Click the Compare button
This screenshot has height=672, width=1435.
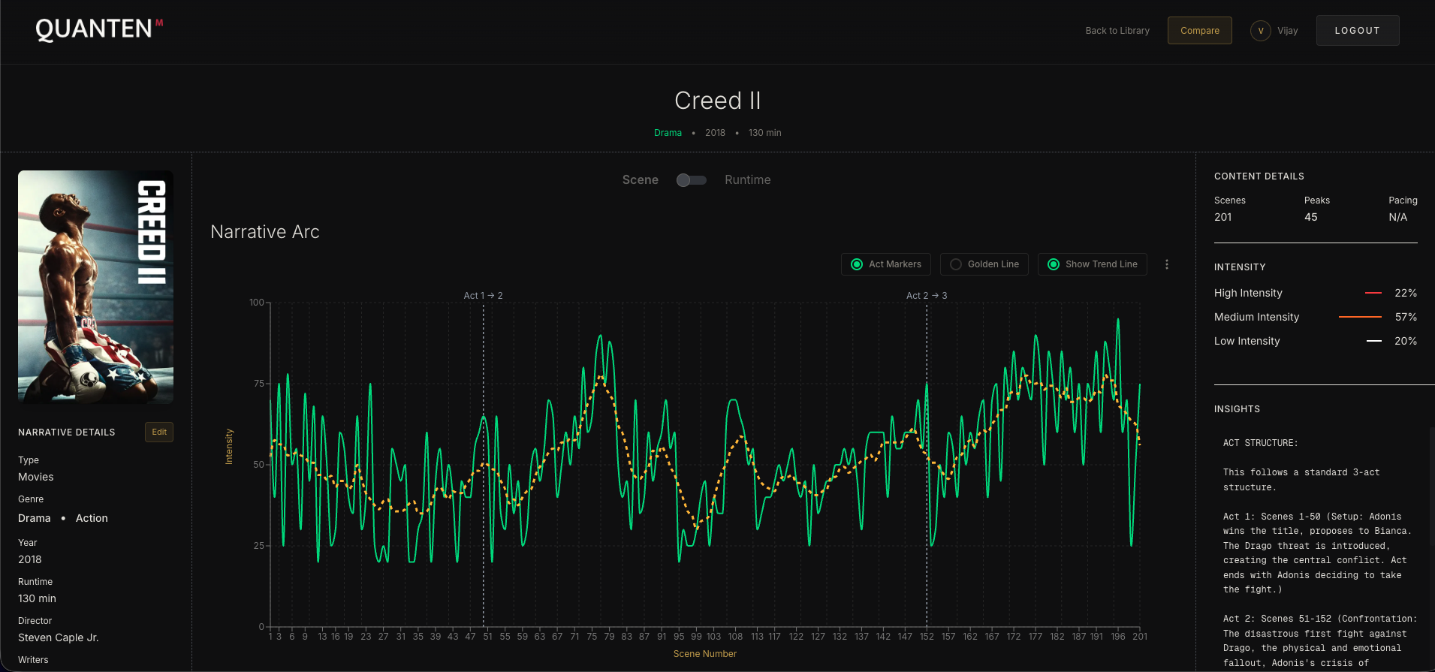pyautogui.click(x=1199, y=31)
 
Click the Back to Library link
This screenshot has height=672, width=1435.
pyautogui.click(x=1117, y=31)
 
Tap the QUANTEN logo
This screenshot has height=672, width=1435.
pyautogui.click(x=95, y=29)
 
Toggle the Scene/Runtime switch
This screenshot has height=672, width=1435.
pyautogui.click(x=691, y=180)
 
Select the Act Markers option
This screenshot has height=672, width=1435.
pyautogui.click(x=886, y=264)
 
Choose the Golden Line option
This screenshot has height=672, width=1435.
pyautogui.click(x=984, y=264)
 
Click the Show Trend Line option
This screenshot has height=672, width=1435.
pyautogui.click(x=1092, y=264)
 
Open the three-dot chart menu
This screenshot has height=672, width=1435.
pyautogui.click(x=1166, y=264)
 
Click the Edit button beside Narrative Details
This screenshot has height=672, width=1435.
pyautogui.click(x=159, y=432)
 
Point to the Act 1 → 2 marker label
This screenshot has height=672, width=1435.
pyautogui.click(x=483, y=296)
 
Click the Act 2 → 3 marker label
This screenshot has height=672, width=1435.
pyautogui.click(x=926, y=296)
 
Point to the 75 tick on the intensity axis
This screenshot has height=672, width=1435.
pyautogui.click(x=258, y=384)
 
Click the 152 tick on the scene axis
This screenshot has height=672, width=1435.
pyautogui.click(x=927, y=637)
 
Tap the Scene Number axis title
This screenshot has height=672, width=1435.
pyautogui.click(x=704, y=654)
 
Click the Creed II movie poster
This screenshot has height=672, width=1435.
pyautogui.click(x=95, y=287)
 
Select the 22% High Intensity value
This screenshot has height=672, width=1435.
pyautogui.click(x=1405, y=293)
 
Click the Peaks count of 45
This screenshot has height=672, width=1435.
pyautogui.click(x=1310, y=217)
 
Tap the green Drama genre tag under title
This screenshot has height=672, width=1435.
pyautogui.click(x=667, y=133)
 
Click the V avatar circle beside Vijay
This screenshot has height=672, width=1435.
pyautogui.click(x=1260, y=31)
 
